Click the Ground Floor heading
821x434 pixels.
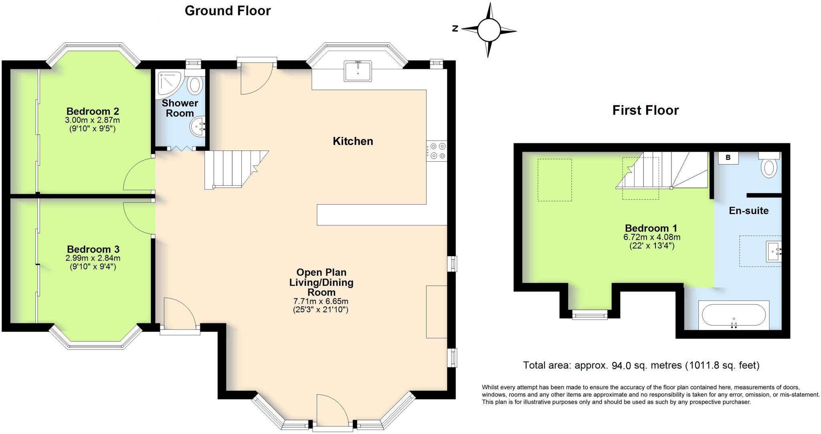pyautogui.click(x=228, y=11)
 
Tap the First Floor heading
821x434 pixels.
pyautogui.click(x=645, y=110)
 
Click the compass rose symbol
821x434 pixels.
pyautogui.click(x=489, y=30)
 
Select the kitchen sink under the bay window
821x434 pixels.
pyautogui.click(x=358, y=71)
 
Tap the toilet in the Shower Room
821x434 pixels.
pyautogui.click(x=196, y=84)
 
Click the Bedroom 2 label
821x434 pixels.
pyautogui.click(x=93, y=111)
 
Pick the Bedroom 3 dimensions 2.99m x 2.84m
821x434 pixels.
pyautogui.click(x=93, y=258)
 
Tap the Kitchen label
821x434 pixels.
pyautogui.click(x=353, y=141)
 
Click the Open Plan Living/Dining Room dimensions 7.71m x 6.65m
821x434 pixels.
pyautogui.click(x=321, y=301)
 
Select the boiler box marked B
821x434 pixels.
pyautogui.click(x=728, y=158)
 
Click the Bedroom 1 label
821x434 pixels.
pyautogui.click(x=651, y=228)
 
